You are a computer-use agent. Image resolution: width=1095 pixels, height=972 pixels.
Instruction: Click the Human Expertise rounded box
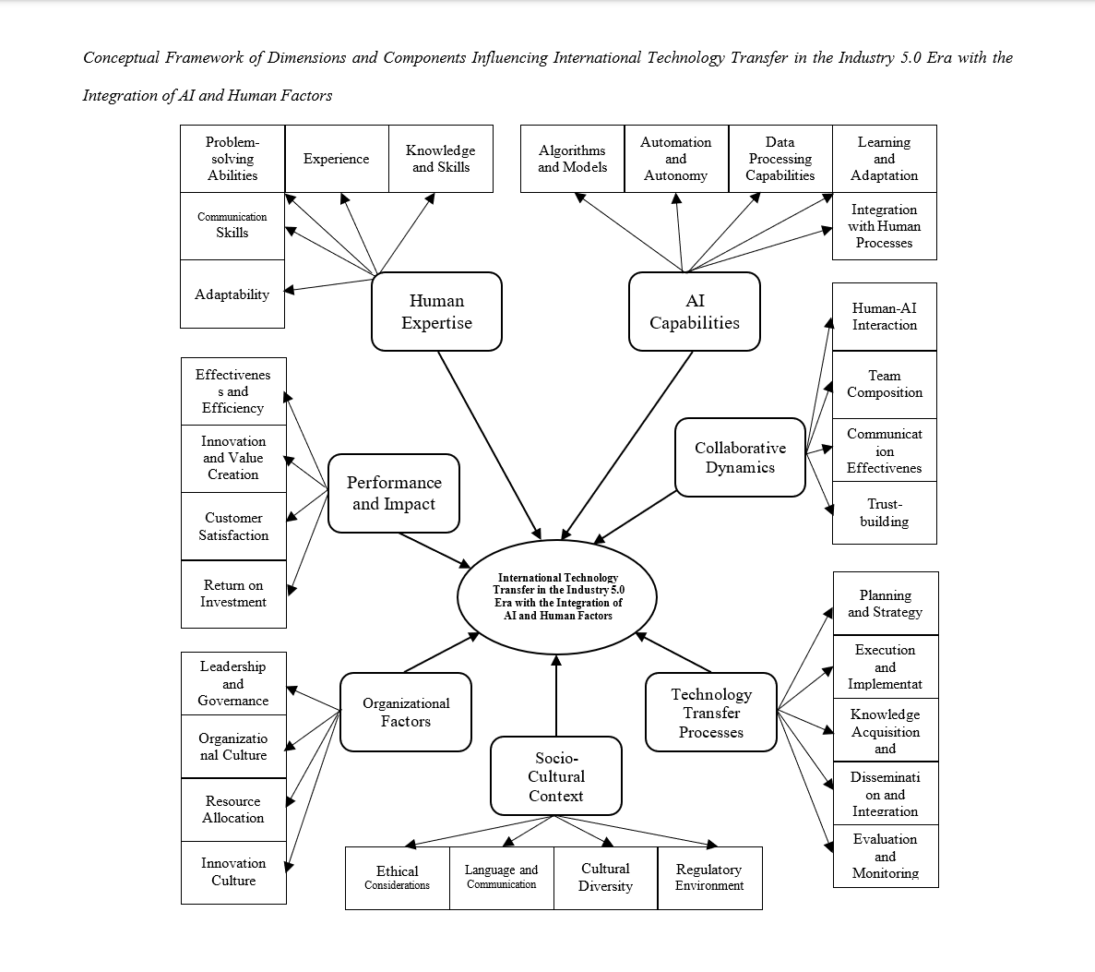[436, 312]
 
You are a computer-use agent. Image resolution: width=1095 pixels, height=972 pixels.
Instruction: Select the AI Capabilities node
[694, 312]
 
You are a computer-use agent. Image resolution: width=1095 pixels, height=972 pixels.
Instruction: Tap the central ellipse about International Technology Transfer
[557, 597]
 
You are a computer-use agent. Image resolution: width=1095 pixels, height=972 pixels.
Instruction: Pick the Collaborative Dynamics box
[740, 457]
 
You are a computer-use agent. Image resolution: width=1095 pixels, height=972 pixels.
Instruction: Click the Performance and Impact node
[394, 493]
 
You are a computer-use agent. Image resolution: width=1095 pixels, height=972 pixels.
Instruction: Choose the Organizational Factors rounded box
[406, 712]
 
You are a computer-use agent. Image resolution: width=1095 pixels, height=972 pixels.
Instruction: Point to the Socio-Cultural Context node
[556, 776]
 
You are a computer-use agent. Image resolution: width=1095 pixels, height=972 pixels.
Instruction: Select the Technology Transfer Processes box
[711, 713]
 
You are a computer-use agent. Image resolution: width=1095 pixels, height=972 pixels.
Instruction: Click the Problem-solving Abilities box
[232, 159]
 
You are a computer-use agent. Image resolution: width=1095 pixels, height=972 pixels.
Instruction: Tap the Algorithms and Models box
[572, 159]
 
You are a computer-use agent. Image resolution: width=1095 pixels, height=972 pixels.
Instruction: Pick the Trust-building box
[885, 512]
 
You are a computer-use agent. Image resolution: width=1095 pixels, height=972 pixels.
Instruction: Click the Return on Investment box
[233, 594]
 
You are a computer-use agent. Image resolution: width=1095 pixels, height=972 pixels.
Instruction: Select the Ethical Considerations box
[398, 878]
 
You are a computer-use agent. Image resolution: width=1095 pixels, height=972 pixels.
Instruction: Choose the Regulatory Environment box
[709, 878]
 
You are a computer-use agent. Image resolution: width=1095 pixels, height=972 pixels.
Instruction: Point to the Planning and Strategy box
[886, 604]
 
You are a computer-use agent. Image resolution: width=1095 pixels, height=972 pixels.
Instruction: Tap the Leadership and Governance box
[233, 683]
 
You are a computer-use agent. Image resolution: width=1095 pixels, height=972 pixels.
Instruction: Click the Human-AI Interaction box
[885, 317]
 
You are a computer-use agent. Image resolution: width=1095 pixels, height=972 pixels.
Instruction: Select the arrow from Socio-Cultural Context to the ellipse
[556, 697]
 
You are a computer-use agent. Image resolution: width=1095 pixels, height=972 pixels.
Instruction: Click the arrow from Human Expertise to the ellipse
[489, 444]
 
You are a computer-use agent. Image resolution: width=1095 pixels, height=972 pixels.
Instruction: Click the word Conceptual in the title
[121, 58]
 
